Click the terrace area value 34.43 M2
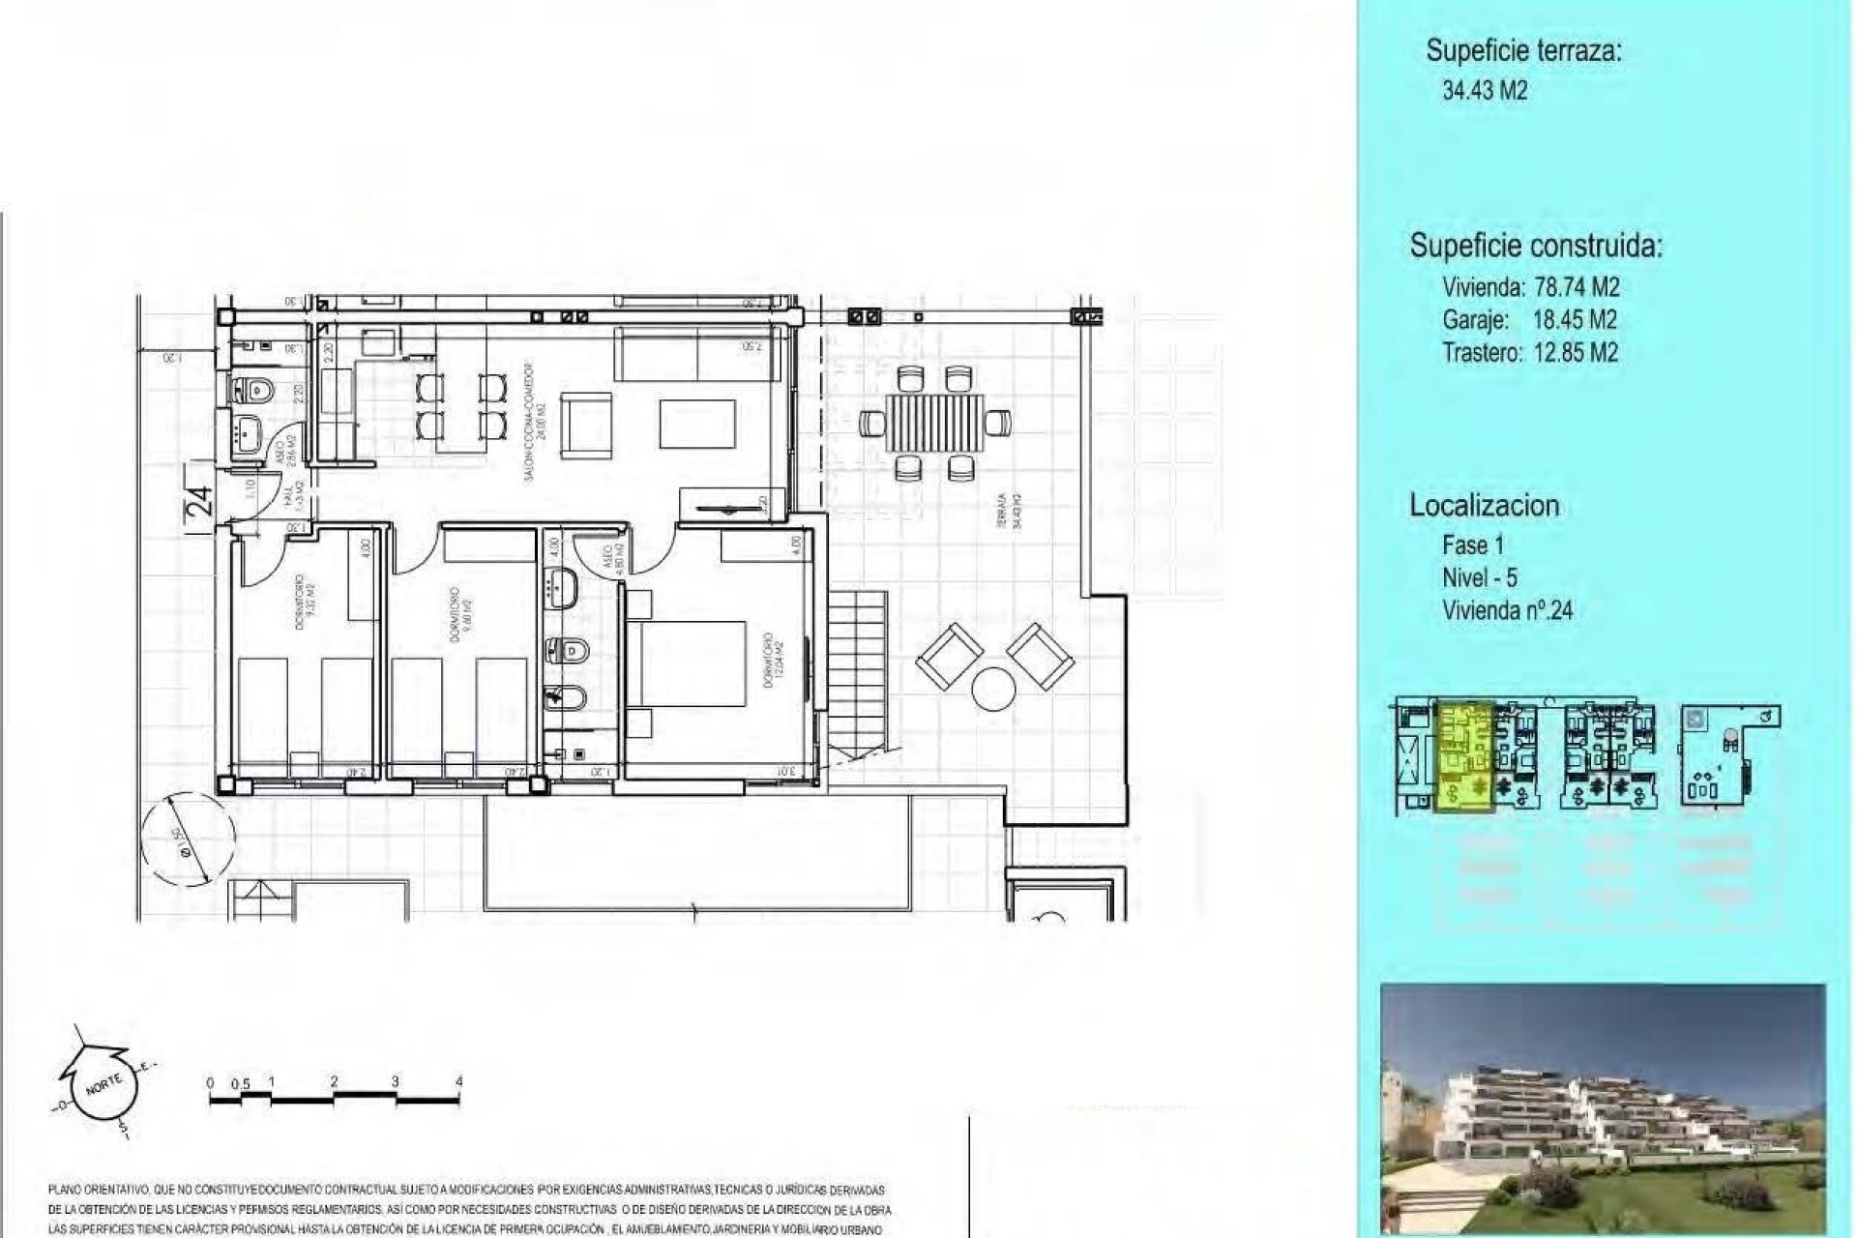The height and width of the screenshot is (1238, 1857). click(1484, 91)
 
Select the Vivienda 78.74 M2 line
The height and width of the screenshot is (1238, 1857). click(1530, 287)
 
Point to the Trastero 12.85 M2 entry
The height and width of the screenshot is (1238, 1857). click(1530, 353)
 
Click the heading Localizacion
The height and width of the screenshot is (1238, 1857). click(1484, 505)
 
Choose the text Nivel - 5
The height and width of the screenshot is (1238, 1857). click(1479, 577)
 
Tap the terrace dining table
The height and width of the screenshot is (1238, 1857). click(934, 423)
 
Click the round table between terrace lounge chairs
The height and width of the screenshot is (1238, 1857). click(993, 690)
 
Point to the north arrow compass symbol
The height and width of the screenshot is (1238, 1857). click(100, 1083)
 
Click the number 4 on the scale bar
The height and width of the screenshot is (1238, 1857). click(458, 1081)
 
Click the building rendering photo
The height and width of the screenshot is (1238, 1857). click(1603, 1108)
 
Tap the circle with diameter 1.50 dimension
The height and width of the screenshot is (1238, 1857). click(188, 838)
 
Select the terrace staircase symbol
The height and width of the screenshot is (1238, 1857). click(858, 673)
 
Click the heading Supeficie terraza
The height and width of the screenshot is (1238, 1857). click(1523, 51)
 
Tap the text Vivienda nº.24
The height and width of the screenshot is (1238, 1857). click(1507, 610)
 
